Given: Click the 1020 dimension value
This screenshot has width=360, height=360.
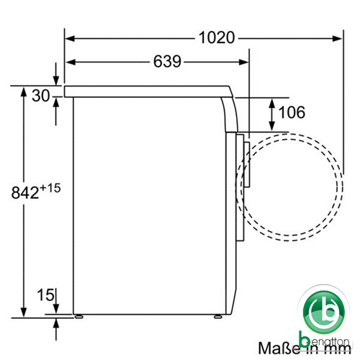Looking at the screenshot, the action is point(217,37).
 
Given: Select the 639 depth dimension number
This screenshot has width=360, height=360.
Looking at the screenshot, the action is point(167,61).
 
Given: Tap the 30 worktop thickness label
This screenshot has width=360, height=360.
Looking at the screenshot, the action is point(41,96).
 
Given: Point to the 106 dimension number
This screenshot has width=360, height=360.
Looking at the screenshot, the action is point(292,112).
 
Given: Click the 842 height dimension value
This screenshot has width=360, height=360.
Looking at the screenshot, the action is point(25,192).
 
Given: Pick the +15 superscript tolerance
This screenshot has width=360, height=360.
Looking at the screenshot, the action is point(50,188).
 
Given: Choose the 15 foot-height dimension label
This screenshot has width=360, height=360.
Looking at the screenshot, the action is point(45,294).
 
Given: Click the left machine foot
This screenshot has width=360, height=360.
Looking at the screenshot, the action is point(78,317).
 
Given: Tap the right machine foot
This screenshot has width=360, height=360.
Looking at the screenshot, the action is point(218,317).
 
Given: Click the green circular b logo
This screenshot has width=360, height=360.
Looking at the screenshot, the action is point(324,312).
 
